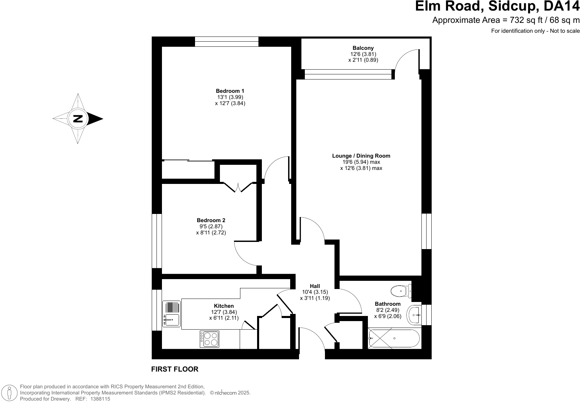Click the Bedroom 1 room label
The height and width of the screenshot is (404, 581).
point(230,91)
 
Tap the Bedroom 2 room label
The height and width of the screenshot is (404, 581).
point(211,220)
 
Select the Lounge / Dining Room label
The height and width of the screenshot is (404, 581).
point(361,156)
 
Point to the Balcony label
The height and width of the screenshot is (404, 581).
point(363,48)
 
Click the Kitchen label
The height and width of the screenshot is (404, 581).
point(224,306)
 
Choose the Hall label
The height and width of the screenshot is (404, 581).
point(315,286)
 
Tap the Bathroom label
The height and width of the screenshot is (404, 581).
point(388,304)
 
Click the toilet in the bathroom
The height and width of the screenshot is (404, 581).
point(401,291)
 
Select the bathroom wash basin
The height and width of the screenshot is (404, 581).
point(414,315)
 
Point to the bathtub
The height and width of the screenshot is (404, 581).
point(394,338)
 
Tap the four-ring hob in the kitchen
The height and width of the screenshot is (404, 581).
point(209,339)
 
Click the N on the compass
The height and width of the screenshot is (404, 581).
point(78,119)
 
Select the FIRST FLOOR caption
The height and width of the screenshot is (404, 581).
point(175,369)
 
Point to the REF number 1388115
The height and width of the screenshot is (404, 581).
point(100,399)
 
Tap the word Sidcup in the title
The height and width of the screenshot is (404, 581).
point(512,6)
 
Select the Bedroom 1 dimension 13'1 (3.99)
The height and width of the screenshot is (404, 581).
point(230,97)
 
